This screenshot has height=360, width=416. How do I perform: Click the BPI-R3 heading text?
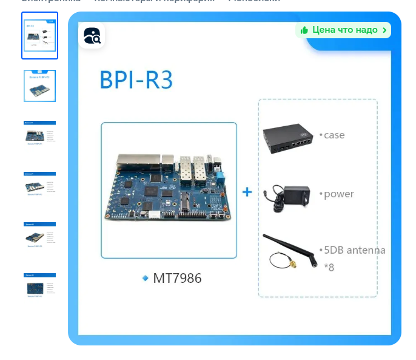point(136,80)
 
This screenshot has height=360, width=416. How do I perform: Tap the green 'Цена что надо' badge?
point(343,30)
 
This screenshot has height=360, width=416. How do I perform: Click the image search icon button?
point(92,36)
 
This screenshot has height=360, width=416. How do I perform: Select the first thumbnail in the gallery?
point(40,36)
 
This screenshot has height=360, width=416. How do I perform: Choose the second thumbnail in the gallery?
point(40,86)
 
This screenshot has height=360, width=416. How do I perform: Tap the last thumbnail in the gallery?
point(40,285)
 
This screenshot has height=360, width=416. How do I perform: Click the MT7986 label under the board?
point(177,278)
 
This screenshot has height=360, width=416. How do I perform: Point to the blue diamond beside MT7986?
point(146,278)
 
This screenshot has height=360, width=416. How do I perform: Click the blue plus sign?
point(247,192)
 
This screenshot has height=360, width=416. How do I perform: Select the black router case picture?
point(287,137)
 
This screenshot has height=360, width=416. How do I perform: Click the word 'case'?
point(334,135)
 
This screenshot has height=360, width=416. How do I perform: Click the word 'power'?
point(338,194)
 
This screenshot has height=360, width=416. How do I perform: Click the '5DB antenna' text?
point(354,250)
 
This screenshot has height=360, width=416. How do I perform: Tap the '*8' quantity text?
point(329,267)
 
